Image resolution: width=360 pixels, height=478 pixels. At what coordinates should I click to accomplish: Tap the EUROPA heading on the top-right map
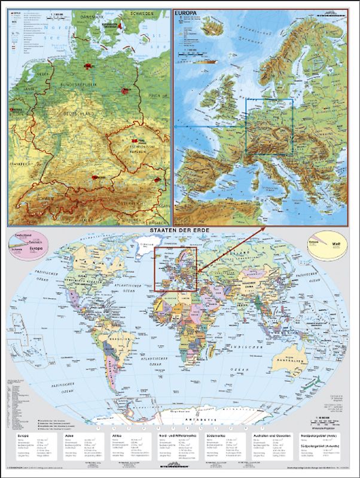[186, 11]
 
